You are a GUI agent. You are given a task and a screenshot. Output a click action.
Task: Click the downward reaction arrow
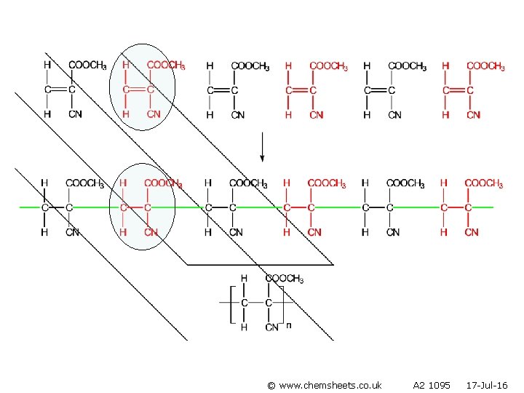[x=262, y=148]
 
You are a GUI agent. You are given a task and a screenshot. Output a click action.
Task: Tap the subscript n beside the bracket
[x=288, y=325]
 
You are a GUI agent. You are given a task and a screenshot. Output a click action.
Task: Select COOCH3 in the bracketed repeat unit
[x=285, y=279]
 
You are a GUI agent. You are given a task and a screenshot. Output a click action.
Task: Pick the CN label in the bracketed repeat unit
[x=271, y=327]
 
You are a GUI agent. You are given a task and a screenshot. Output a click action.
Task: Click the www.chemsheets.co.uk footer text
[x=324, y=384]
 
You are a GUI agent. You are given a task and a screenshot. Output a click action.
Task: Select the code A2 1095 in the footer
[x=431, y=384]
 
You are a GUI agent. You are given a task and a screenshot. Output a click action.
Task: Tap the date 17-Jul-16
[x=486, y=384]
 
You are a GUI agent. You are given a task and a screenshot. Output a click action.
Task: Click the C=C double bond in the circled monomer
[x=137, y=90]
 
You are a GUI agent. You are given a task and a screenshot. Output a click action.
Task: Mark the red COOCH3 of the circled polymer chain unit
[x=163, y=184]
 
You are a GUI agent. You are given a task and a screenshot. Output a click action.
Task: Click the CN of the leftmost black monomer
[x=75, y=114]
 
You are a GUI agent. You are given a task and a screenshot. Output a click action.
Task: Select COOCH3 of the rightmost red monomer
[x=485, y=66]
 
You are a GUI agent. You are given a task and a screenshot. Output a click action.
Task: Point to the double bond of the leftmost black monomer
[x=58, y=90]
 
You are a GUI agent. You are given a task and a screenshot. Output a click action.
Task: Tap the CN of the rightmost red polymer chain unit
[x=471, y=232]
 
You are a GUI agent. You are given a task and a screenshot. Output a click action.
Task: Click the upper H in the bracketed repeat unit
[x=244, y=279]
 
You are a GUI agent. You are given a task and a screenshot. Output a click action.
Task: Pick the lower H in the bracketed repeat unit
[x=244, y=327]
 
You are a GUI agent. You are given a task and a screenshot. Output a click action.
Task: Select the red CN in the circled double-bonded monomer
[x=153, y=114]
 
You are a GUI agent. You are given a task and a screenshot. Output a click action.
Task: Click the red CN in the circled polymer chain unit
[x=151, y=232]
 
